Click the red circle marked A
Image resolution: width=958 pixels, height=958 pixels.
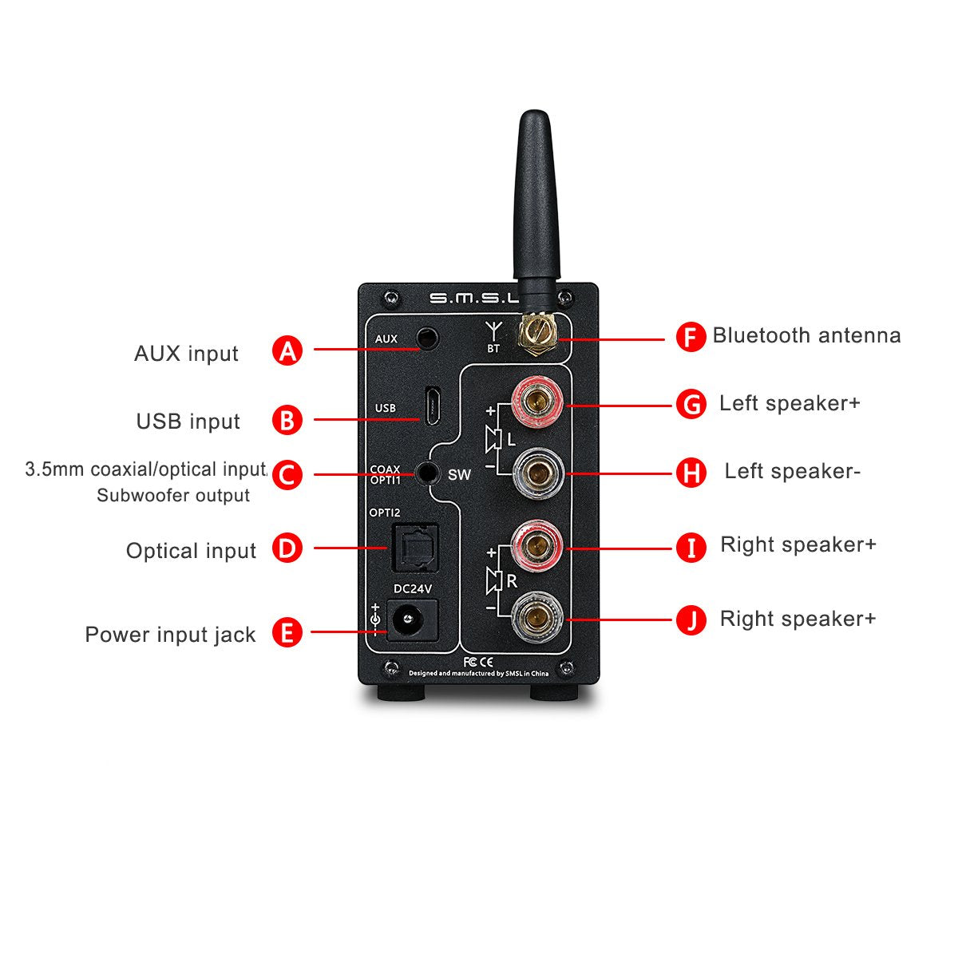(x=287, y=350)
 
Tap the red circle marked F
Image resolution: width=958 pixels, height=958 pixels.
(x=691, y=336)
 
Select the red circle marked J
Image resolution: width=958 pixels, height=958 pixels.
(x=691, y=620)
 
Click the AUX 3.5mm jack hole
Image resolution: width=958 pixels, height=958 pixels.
(x=428, y=338)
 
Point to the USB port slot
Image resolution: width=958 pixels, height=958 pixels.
(x=433, y=407)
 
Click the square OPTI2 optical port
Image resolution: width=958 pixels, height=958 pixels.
(x=414, y=547)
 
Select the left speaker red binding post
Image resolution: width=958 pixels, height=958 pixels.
(x=536, y=403)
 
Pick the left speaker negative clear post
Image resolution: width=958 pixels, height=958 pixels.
(x=536, y=474)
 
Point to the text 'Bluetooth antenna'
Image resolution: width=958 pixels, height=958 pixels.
(x=806, y=335)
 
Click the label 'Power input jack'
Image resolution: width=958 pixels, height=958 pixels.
(x=170, y=635)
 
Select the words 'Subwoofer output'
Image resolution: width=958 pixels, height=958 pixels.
(x=173, y=496)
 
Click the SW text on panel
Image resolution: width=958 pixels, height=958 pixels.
(x=459, y=475)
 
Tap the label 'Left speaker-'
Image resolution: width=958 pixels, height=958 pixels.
(x=792, y=471)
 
